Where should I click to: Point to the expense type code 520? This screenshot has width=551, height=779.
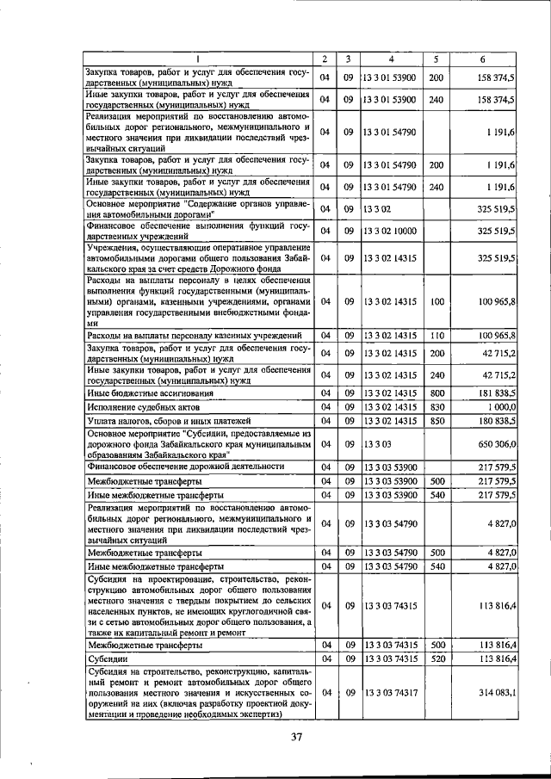(436, 658)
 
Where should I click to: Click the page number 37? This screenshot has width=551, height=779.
(298, 737)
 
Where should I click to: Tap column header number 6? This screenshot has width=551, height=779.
(483, 59)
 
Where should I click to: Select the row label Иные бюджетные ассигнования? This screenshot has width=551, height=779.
(141, 393)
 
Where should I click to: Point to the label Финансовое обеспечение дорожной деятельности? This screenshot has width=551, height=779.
(185, 466)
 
